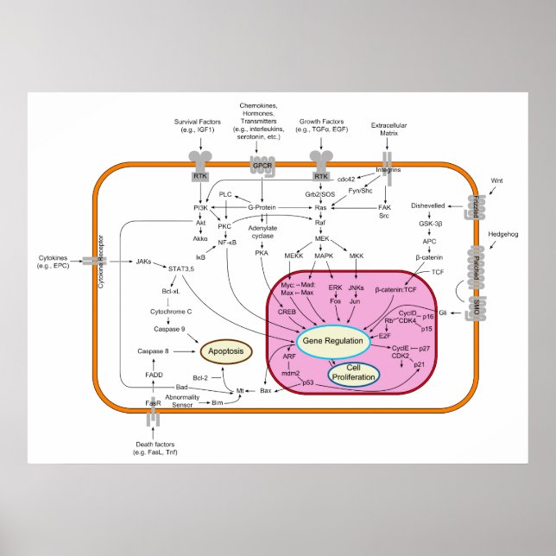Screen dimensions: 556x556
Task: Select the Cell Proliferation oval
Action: point(353,373)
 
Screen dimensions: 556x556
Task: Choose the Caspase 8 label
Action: point(152,351)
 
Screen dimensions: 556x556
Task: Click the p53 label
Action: point(307,382)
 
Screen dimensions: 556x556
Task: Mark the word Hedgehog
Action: point(503,233)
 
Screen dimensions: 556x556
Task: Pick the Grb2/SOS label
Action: point(319,193)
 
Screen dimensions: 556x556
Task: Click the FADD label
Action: point(154,376)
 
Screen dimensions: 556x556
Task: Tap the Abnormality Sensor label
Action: point(182,400)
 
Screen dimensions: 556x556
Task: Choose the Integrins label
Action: point(389,169)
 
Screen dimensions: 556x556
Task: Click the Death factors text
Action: point(155,446)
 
